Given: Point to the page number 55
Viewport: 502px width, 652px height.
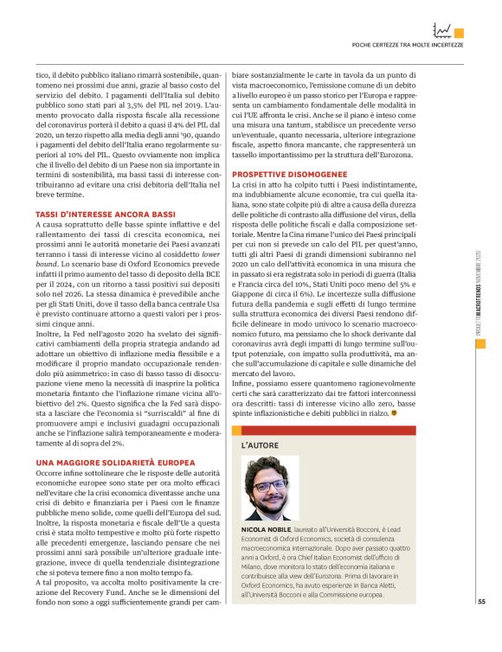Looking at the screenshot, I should pyautogui.click(x=481, y=603).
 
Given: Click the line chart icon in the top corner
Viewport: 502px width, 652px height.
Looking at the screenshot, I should pyautogui.click(x=442, y=30).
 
